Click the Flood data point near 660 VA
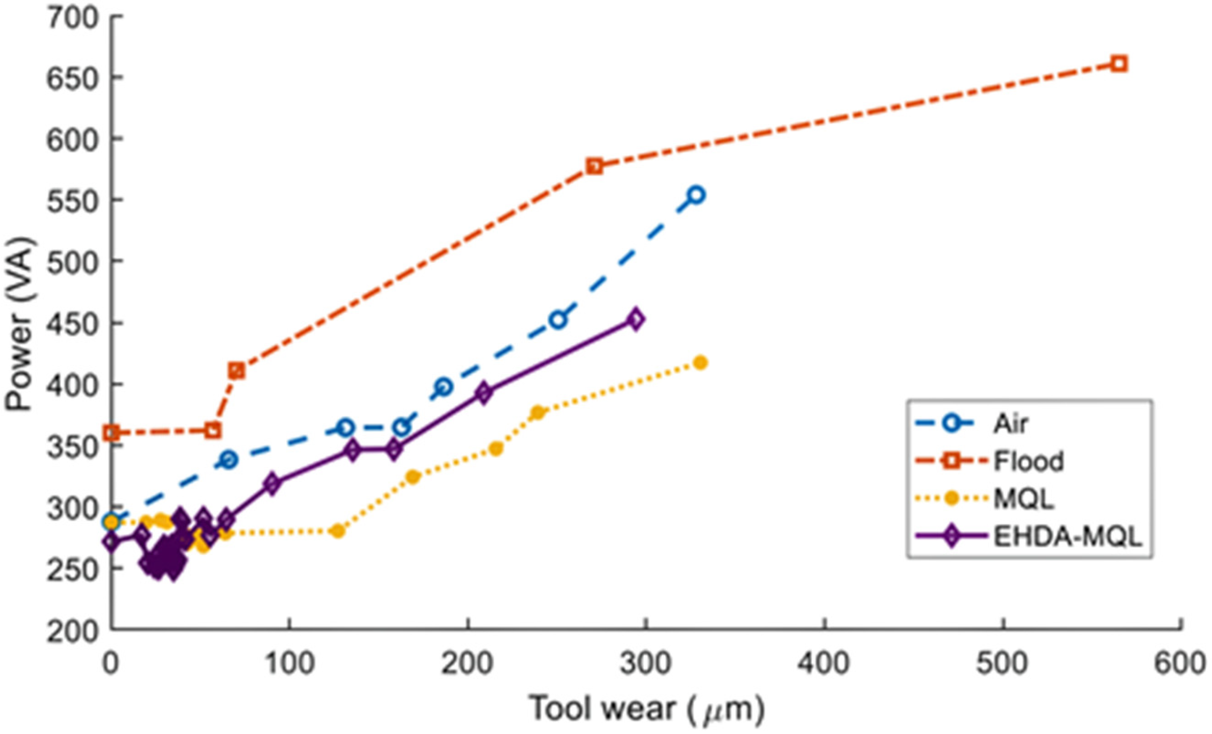pos(1118,64)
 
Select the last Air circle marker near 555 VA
pos(695,195)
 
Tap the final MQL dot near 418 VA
pos(700,363)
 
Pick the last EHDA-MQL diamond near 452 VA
pos(635,320)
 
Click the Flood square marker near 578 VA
pos(595,166)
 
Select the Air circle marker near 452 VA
pos(558,320)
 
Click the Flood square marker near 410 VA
pos(237,371)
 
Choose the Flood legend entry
pos(1028,461)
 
